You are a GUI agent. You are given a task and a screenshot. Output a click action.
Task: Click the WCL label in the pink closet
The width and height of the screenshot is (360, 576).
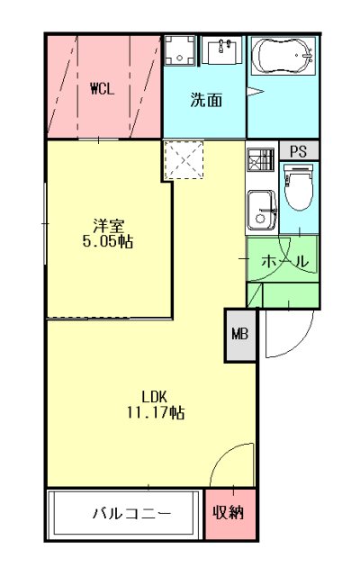click(x=103, y=88)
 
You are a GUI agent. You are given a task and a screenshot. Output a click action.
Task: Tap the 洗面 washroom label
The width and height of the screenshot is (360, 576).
click(x=206, y=100)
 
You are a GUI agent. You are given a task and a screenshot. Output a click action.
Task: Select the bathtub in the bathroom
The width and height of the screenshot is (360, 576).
click(x=283, y=56)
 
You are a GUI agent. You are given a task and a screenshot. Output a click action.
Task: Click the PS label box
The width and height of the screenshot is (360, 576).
click(x=299, y=151)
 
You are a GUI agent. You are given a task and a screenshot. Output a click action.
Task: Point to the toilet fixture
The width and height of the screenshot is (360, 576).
click(x=299, y=187)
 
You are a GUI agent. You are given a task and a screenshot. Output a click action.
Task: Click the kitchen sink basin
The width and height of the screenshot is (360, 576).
click(x=262, y=210)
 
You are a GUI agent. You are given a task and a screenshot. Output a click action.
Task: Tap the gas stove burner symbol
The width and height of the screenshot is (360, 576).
click(x=260, y=160)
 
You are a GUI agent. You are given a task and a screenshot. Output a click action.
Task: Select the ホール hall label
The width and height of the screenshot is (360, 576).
click(x=284, y=262)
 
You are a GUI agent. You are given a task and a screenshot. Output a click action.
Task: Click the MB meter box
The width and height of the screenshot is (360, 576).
click(x=240, y=334)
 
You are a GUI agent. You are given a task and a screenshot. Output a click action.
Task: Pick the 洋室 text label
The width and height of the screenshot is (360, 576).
click(x=109, y=225)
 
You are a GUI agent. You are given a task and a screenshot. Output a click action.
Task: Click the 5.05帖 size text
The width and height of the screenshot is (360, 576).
click(x=108, y=241)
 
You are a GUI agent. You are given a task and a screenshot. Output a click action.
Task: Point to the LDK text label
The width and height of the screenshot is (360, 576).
click(x=155, y=397)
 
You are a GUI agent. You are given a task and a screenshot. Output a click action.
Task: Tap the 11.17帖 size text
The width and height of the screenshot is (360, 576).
click(x=156, y=412)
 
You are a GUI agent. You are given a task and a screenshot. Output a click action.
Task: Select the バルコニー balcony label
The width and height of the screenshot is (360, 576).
click(x=131, y=513)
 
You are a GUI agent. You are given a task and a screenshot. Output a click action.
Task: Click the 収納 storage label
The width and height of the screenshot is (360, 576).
click(x=229, y=512)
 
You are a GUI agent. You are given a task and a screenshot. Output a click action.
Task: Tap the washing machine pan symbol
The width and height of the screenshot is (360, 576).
click(x=179, y=50)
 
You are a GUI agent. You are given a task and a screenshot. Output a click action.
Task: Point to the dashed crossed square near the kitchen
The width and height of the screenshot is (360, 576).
click(x=184, y=160)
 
